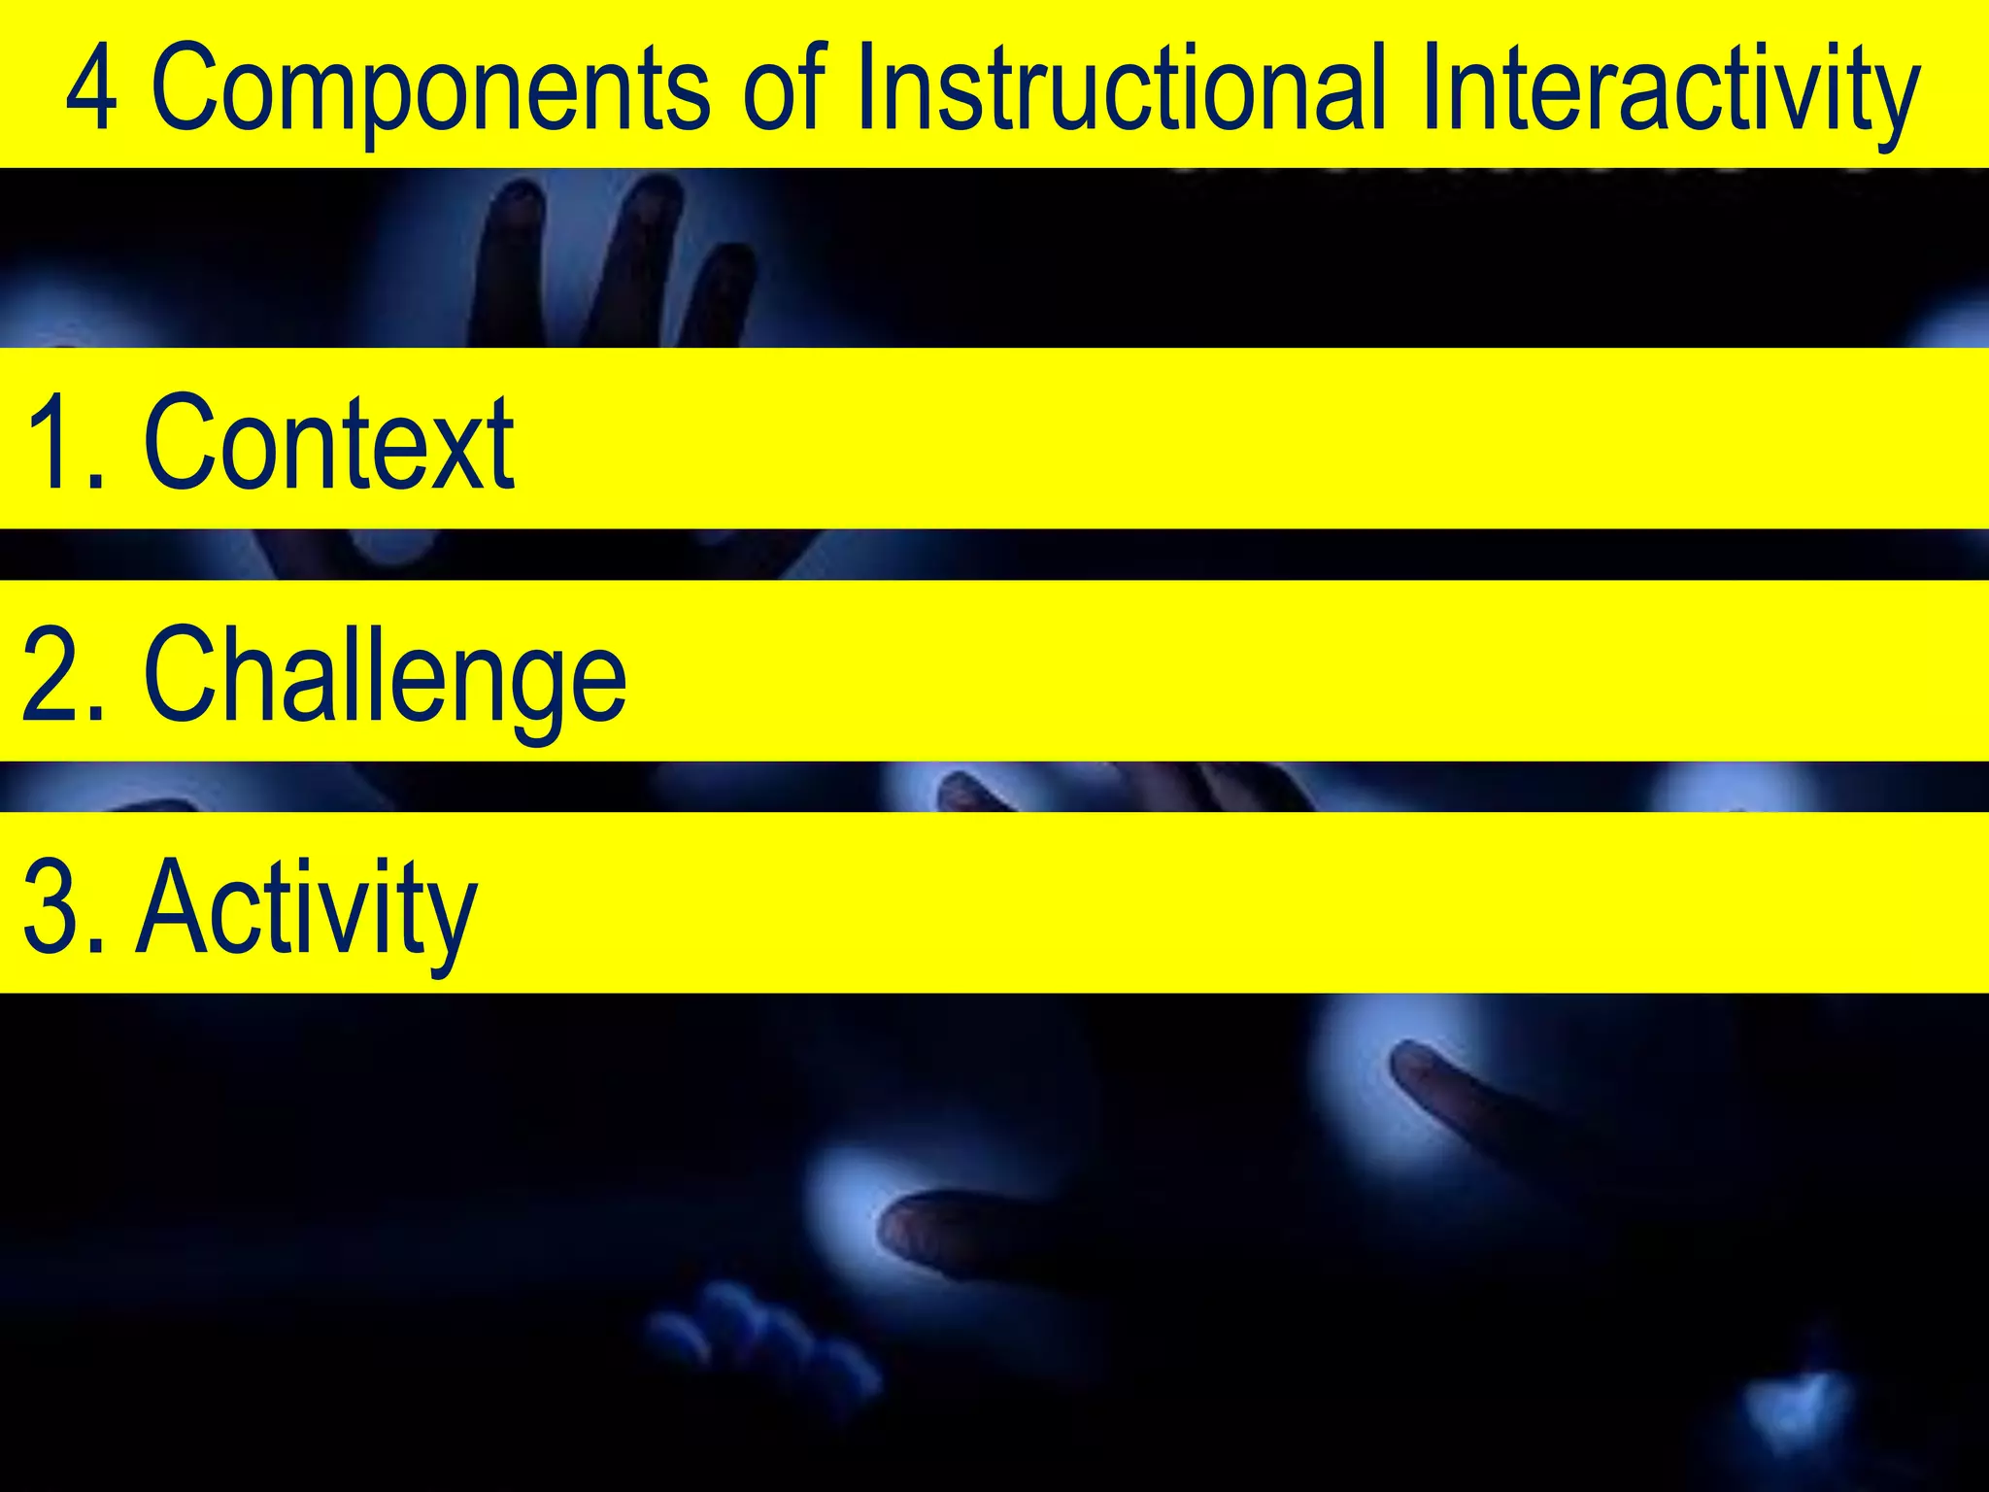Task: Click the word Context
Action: coord(329,443)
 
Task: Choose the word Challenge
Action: coord(385,676)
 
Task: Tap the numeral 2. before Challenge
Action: coord(64,676)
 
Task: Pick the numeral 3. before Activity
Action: coord(64,909)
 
